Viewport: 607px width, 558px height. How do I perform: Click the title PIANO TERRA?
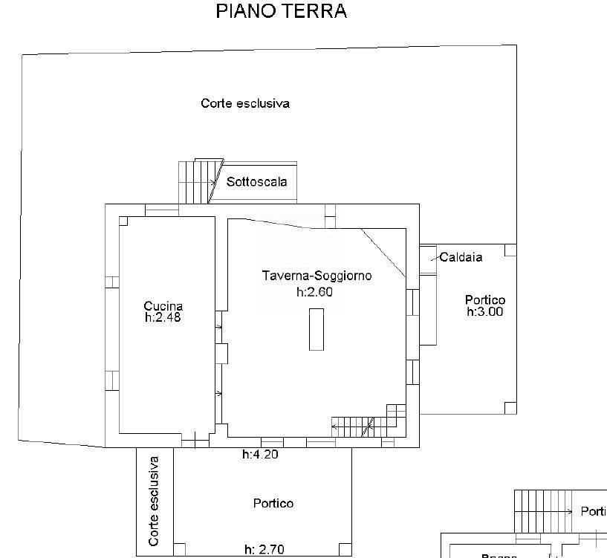pos(281,11)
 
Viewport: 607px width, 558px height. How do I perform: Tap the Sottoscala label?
pos(256,182)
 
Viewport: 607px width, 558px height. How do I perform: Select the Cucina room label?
pos(163,306)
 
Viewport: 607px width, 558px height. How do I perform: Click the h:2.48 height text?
pos(163,317)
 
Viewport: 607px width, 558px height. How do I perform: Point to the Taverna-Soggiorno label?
pos(317,276)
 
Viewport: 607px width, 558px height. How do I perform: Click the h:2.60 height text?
pos(314,292)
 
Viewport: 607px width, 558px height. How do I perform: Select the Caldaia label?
pos(461,258)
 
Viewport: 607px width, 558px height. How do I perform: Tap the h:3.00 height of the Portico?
pos(484,312)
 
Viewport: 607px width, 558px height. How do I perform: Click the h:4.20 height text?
pos(260,455)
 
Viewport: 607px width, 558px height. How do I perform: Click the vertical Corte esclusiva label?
pos(154,502)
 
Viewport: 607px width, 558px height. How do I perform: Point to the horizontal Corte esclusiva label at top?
pos(244,104)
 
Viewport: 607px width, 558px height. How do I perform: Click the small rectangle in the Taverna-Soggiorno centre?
pos(317,329)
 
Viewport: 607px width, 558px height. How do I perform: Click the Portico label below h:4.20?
pos(273,504)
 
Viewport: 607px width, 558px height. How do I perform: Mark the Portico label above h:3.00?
pos(484,300)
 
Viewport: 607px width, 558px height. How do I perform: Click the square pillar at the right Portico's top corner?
pos(510,250)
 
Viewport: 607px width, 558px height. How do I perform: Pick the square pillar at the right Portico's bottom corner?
pos(510,407)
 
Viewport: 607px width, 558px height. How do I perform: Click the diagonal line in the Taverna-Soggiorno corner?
pos(384,253)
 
